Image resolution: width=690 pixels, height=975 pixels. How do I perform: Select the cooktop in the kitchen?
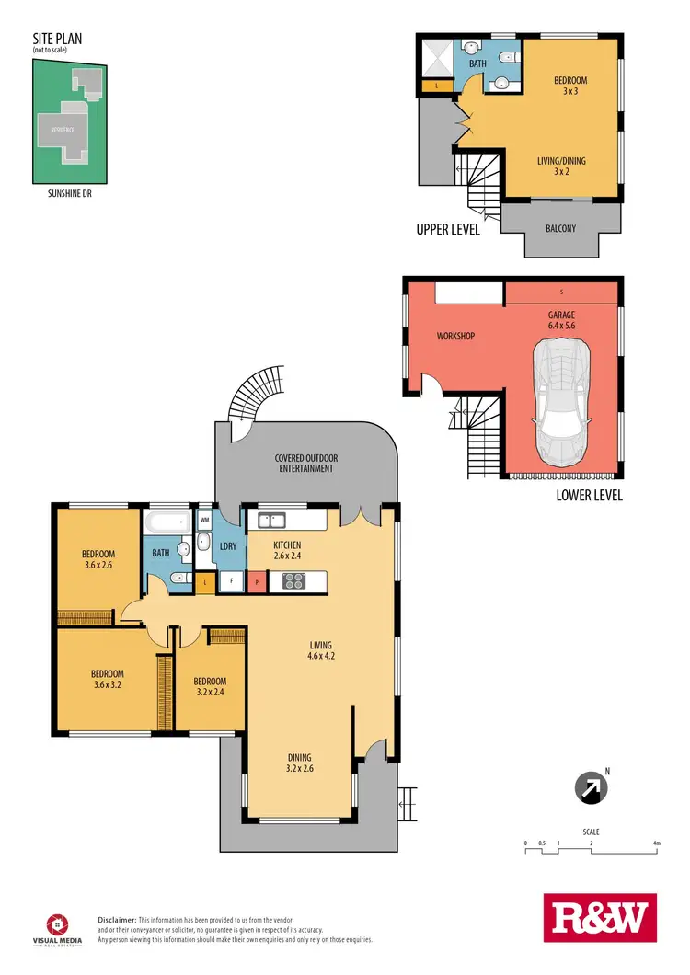(294, 580)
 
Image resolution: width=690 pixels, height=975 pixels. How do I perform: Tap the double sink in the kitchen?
(270, 521)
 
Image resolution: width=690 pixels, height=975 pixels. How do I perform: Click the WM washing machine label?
(204, 521)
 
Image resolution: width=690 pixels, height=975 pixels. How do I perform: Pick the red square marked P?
(255, 581)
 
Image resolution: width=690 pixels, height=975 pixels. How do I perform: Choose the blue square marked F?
(230, 581)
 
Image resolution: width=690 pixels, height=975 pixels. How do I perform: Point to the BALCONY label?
(561, 228)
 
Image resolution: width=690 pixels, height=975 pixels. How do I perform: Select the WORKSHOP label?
(454, 337)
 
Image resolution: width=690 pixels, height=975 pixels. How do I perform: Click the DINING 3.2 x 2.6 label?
(301, 763)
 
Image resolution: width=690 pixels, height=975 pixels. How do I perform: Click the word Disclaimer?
(117, 920)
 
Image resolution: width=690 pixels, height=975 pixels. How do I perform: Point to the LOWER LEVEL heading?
(590, 495)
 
